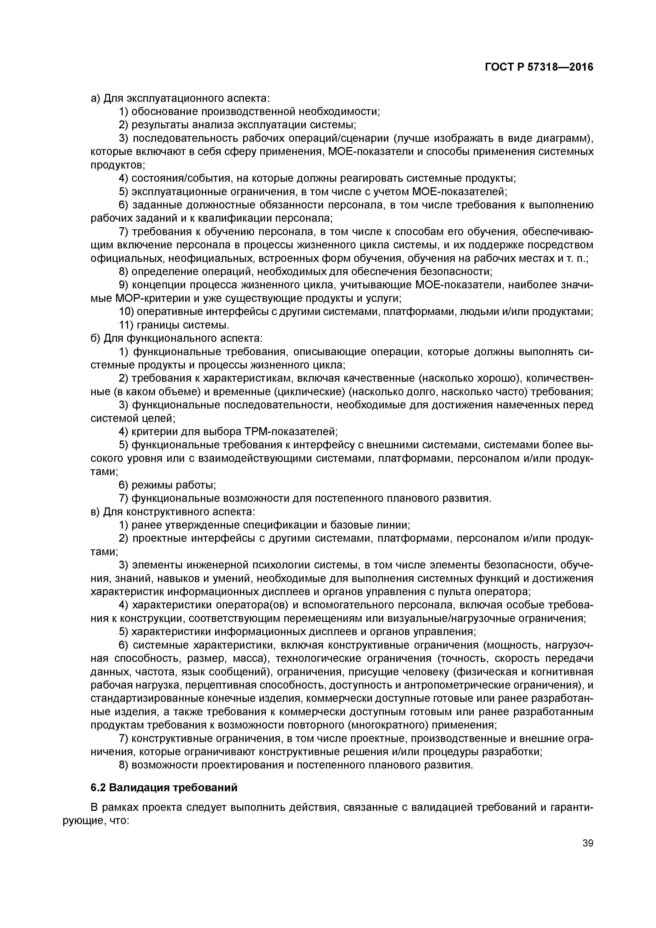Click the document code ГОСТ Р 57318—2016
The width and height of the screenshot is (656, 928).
(539, 67)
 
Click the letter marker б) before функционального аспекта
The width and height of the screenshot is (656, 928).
(96, 338)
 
